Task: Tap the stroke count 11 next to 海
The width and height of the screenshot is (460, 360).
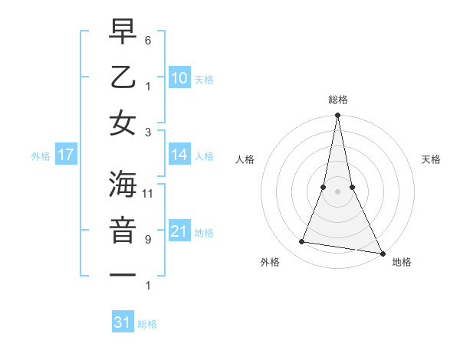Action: coord(149,193)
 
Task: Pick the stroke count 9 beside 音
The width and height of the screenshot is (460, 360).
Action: coord(148,239)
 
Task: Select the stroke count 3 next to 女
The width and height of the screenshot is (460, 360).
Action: coord(148,132)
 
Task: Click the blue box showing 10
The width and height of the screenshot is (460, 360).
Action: coord(179,77)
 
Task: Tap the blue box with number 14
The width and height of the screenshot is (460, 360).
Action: coord(179,155)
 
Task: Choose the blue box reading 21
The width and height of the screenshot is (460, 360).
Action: coord(179,231)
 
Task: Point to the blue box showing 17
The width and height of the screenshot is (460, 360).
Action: coord(66,155)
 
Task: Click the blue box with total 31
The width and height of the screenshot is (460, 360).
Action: coord(123,322)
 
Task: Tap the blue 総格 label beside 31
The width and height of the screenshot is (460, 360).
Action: coord(147,324)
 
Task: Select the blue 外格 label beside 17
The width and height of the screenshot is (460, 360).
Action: coord(41,156)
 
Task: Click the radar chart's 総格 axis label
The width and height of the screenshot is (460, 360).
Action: coord(337,100)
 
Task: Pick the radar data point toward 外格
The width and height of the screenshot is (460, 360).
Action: coord(302,242)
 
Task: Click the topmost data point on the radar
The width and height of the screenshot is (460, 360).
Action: coord(337,116)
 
